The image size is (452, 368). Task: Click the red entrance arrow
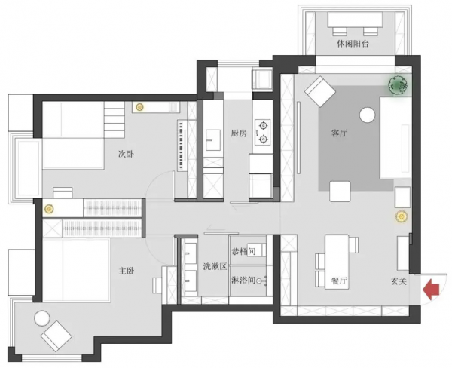[431, 289]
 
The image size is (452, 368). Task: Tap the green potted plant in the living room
[399, 84]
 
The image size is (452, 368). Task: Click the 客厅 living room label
[339, 133]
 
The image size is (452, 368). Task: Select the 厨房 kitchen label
[239, 133]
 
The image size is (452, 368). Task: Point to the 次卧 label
[126, 154]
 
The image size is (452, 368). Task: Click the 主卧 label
[127, 271]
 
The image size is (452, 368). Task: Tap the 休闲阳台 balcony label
[353, 44]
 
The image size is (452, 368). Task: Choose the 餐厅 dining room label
[339, 281]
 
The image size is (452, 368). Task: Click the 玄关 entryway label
[399, 281]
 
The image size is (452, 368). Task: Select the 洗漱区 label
[215, 266]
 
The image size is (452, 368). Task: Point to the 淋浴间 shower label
[243, 280]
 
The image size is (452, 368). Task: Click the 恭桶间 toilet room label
[243, 251]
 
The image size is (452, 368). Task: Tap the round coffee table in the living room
[368, 115]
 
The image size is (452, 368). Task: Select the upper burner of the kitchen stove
[263, 125]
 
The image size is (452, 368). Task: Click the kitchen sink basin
[213, 140]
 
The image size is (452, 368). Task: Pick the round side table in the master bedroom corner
[42, 318]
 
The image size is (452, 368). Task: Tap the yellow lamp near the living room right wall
[401, 216]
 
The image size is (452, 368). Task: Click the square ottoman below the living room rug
[340, 192]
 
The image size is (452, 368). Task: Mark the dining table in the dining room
[337, 262]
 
